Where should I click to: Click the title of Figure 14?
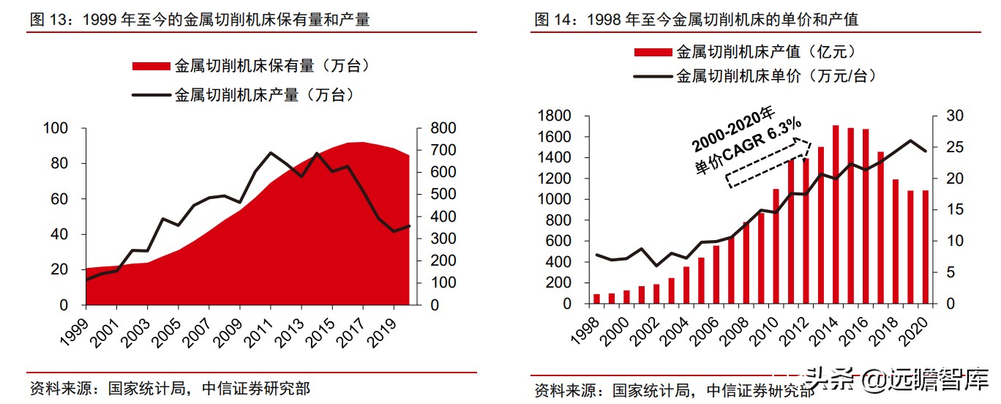(x=696, y=20)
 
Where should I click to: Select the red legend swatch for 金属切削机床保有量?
(x=150, y=67)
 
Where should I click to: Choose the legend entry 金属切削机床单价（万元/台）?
(x=754, y=75)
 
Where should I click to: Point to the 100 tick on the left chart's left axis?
(x=56, y=129)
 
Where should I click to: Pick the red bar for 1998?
(x=597, y=299)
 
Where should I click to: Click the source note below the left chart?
(x=169, y=388)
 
